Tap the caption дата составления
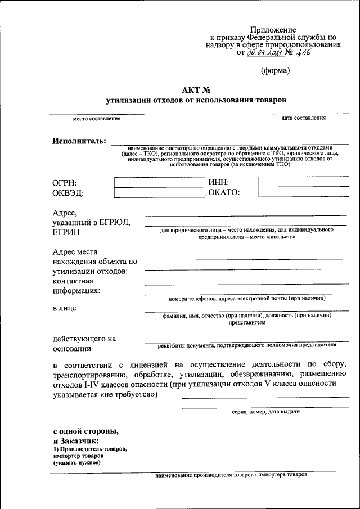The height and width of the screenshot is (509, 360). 303,118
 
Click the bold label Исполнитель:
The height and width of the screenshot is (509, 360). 79,141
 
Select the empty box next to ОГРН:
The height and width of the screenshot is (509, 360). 159,182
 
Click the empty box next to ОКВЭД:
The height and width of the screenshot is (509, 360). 159,192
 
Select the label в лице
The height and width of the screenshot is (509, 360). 65,308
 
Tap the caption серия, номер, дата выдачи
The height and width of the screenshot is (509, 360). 265,412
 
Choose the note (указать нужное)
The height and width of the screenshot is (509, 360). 77,463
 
